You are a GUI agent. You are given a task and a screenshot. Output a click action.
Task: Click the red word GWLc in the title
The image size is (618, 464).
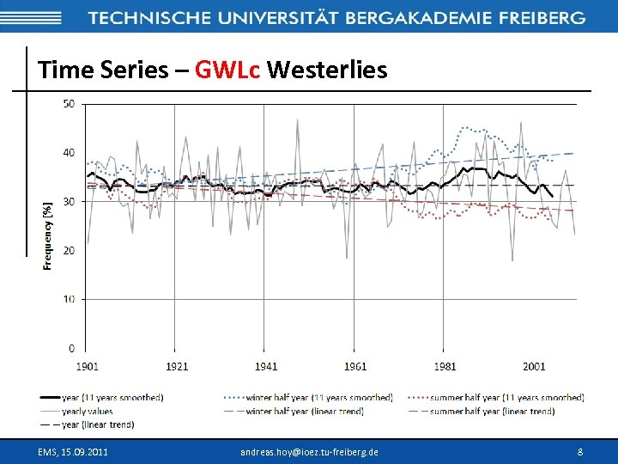[x=227, y=70]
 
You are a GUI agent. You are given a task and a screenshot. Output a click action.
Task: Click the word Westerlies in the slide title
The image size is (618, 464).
[x=327, y=70]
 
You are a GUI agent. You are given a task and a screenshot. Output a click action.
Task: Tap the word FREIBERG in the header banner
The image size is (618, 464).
[x=542, y=17]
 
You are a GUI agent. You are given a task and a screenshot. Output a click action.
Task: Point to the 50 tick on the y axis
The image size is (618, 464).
[x=69, y=104]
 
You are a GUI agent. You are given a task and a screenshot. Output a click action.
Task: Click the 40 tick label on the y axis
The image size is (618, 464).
[x=69, y=153]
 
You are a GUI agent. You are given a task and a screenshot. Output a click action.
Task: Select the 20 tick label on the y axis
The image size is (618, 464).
[x=69, y=250]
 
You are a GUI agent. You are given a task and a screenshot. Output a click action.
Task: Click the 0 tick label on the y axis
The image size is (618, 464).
[x=72, y=348]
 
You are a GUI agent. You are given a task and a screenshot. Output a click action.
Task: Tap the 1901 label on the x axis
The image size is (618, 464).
[x=87, y=367]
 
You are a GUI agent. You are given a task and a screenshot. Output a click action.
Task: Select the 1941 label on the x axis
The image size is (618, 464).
[x=266, y=367]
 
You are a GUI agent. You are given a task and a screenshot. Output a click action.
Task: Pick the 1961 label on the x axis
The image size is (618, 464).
[x=355, y=367]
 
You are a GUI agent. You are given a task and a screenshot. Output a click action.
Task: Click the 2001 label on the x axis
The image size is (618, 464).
[x=534, y=367]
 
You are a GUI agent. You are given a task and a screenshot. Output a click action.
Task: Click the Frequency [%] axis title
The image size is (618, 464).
[x=48, y=235]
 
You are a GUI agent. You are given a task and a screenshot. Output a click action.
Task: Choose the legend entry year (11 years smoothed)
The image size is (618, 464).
[x=112, y=397]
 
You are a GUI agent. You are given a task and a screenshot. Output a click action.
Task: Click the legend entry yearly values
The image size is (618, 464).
[x=87, y=411]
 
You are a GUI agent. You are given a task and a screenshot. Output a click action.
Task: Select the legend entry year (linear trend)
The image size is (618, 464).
[x=99, y=424]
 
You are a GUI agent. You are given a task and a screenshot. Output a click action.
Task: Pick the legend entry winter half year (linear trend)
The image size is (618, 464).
[x=305, y=411]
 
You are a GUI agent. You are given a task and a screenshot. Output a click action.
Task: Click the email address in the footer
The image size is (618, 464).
[x=309, y=451]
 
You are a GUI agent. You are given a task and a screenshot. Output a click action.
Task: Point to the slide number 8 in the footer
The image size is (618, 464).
[x=580, y=451]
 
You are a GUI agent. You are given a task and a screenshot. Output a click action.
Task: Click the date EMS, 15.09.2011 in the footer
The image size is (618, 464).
[x=73, y=451]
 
